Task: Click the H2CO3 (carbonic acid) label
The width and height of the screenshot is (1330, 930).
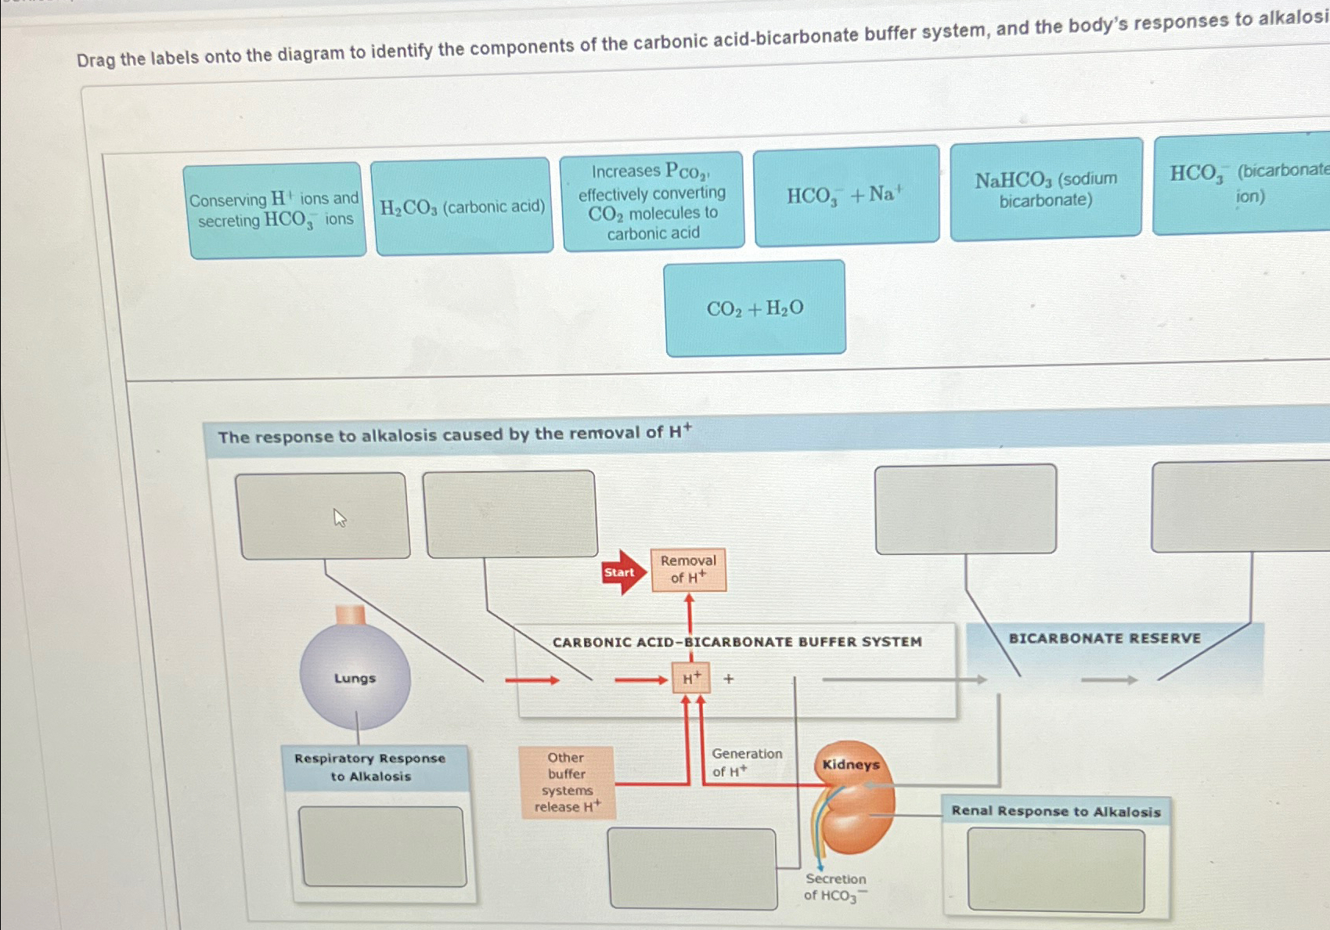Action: coord(463,207)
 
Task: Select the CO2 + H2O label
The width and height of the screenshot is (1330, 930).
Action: coord(755,308)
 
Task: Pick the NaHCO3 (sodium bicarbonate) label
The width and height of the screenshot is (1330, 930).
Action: coord(1046,189)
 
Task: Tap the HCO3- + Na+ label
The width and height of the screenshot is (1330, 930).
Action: coord(845,195)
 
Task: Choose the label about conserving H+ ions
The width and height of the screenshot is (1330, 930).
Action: coord(276,210)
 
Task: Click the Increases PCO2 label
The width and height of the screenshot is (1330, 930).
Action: coord(652,202)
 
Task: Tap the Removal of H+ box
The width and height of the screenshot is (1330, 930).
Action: coord(688,569)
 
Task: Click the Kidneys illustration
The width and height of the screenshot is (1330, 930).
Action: coord(852,798)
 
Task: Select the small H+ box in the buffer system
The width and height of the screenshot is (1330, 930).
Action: coord(691,678)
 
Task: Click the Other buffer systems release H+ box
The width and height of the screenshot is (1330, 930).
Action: coord(567,782)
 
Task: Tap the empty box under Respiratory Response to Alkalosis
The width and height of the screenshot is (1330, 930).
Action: coord(383,847)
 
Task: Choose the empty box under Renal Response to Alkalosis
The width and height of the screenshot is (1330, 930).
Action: coord(1055,870)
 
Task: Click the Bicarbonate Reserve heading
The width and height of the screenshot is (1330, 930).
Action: coord(1104,639)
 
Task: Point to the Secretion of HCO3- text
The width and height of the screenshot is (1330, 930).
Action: coord(835,887)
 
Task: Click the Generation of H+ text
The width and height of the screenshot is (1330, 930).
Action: coord(746,762)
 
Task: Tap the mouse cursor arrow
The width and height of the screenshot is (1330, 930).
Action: coord(339,517)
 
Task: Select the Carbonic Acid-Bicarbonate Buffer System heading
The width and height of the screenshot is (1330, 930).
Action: coord(737,642)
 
